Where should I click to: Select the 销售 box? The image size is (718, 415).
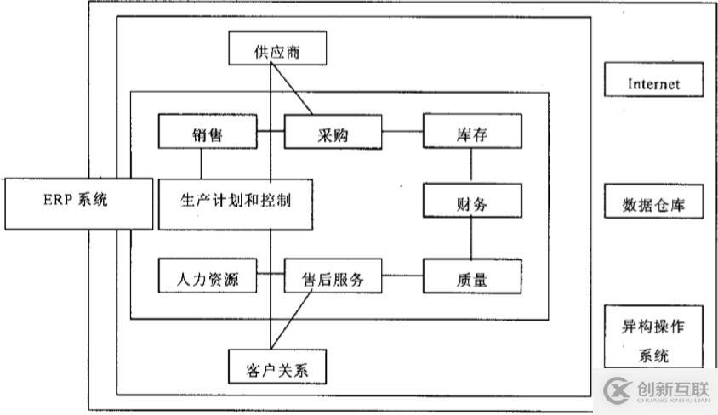pyautogui.click(x=208, y=132)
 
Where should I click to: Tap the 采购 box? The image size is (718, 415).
pyautogui.click(x=333, y=132)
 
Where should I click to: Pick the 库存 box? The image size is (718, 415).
pyautogui.click(x=471, y=132)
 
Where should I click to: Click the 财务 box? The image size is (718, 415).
pyautogui.click(x=471, y=202)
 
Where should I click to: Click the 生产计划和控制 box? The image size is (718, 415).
pyautogui.click(x=236, y=202)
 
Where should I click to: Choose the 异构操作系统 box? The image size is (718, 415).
pyautogui.click(x=653, y=338)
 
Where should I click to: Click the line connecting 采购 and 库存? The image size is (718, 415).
pyautogui.click(x=402, y=132)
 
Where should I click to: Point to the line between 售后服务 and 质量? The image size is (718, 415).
pyautogui.click(x=402, y=275)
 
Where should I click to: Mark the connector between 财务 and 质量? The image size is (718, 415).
pyautogui.click(x=471, y=239)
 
